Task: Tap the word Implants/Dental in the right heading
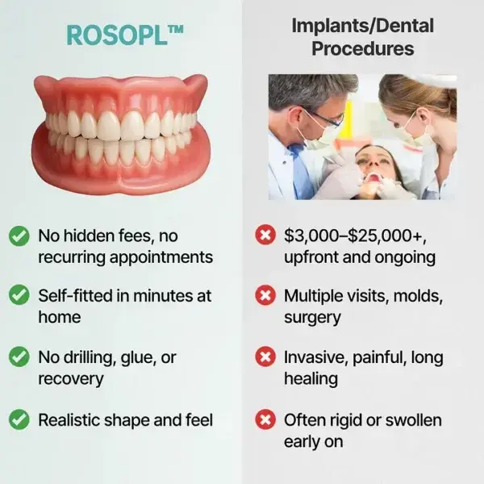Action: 362,26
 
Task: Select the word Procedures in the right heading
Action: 362,49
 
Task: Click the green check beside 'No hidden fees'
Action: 19,236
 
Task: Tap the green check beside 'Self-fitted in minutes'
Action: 19,296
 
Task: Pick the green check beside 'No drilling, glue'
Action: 19,357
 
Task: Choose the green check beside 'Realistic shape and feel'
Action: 19,419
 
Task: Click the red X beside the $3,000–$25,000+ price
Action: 264,236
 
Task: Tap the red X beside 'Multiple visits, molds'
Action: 264,296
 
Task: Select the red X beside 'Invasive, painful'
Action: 264,357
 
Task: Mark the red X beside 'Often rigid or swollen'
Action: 264,419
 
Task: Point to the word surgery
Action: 312,318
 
